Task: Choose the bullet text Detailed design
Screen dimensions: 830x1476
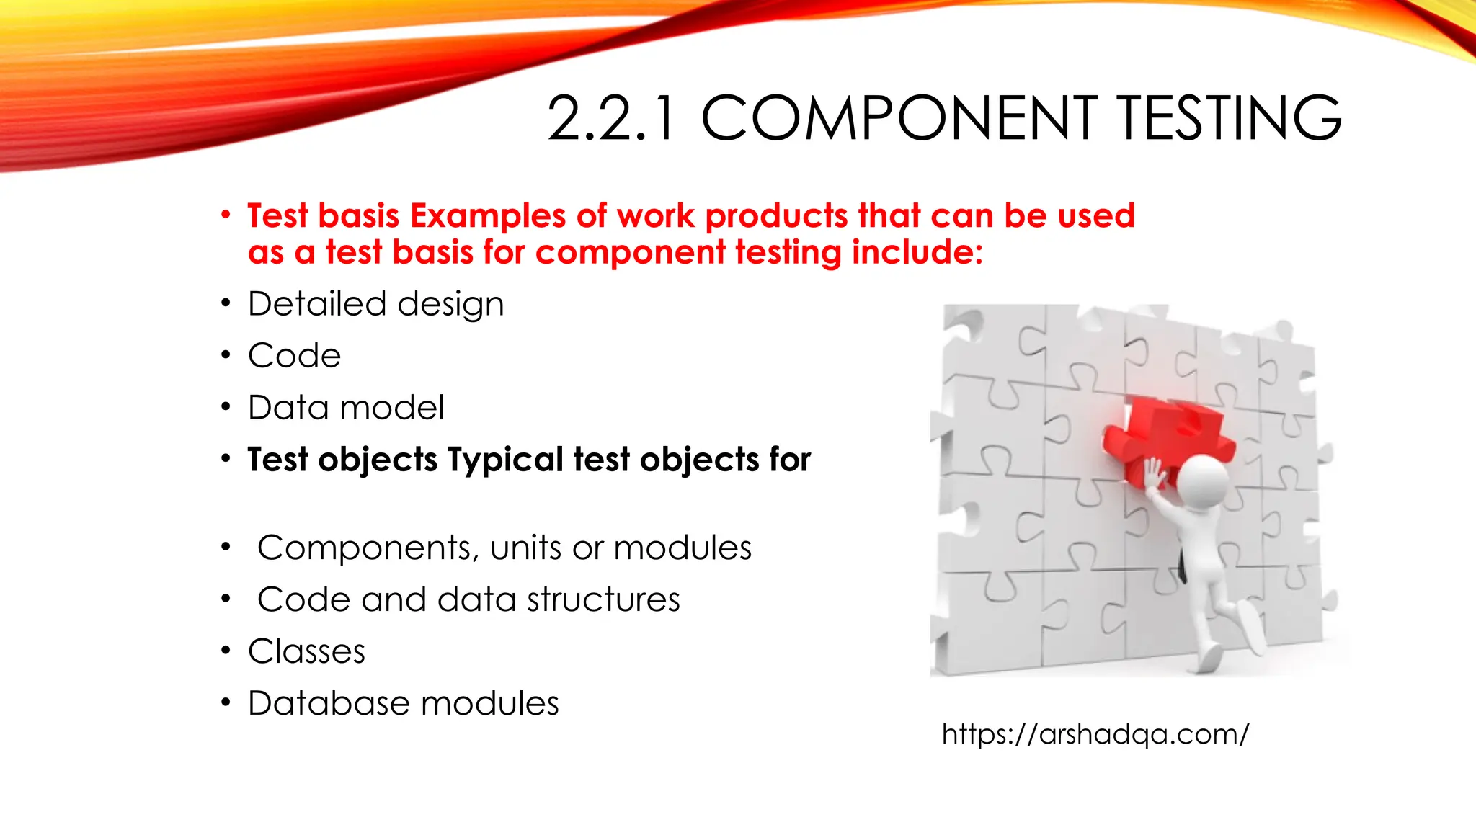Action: (375, 304)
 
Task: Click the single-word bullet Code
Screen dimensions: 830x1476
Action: (294, 356)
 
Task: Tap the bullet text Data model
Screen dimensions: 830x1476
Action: (346, 408)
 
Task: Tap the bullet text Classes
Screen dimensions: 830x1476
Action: (306, 652)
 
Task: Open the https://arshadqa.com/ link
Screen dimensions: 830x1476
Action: (1095, 734)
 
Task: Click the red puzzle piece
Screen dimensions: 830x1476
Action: (1168, 432)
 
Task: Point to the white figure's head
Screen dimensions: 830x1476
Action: (1204, 483)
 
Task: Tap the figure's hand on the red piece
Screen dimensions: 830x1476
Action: (1155, 476)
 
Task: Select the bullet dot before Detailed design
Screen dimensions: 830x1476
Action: (226, 303)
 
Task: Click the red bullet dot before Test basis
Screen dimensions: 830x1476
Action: (226, 215)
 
